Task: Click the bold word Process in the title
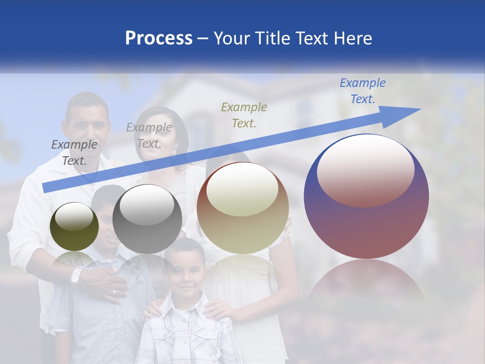click(x=159, y=38)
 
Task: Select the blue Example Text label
click(x=362, y=91)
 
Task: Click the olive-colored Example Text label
click(x=244, y=115)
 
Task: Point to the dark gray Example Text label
click(x=74, y=152)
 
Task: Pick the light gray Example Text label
click(x=149, y=135)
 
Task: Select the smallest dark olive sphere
click(x=74, y=226)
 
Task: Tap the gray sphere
click(x=147, y=219)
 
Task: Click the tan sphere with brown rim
click(x=243, y=208)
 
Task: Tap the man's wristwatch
click(x=76, y=276)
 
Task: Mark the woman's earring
click(x=174, y=151)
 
